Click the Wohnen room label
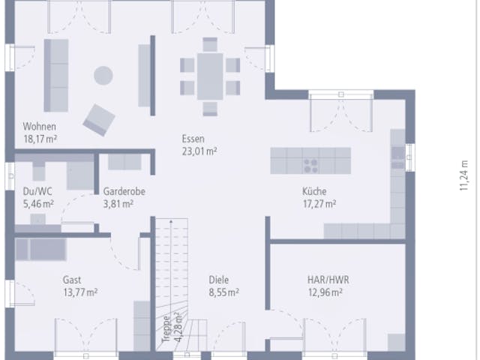click(x=40, y=127)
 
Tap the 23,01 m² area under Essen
click(x=199, y=151)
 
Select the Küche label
click(x=314, y=192)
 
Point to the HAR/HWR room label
click(x=328, y=280)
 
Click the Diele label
click(x=218, y=280)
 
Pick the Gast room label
click(x=72, y=280)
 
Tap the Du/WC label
click(x=37, y=192)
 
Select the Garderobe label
click(x=124, y=192)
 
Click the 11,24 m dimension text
click(x=464, y=175)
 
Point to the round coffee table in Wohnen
click(x=103, y=75)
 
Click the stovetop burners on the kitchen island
click(x=310, y=165)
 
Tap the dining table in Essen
click(x=210, y=76)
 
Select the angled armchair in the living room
click(x=99, y=120)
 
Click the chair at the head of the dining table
click(x=210, y=44)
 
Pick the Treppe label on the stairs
click(x=166, y=329)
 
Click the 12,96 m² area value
click(x=325, y=292)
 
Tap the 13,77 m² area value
click(x=80, y=292)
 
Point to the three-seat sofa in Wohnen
click(x=56, y=75)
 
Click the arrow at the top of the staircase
click(x=171, y=222)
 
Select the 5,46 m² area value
click(x=38, y=204)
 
